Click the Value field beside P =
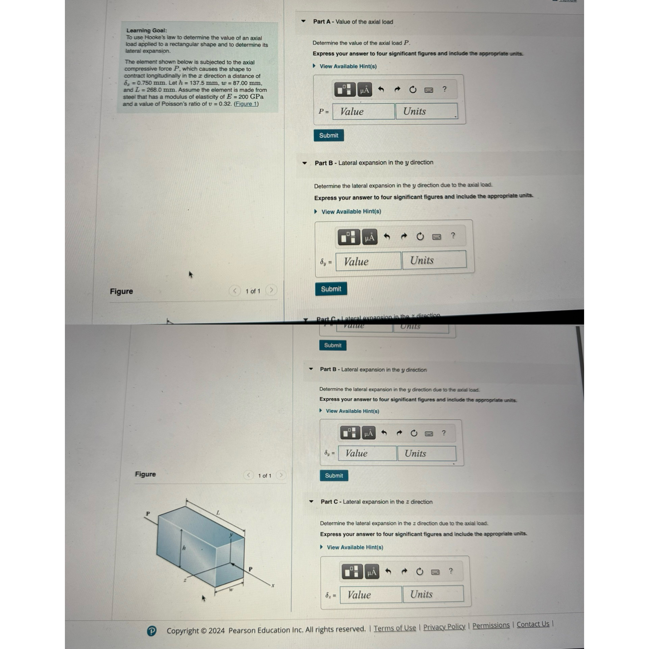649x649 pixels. click(x=363, y=112)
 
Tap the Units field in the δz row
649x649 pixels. click(x=433, y=594)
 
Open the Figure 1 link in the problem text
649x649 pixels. click(x=246, y=104)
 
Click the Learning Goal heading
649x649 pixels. click(x=146, y=30)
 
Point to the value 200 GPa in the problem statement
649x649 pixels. click(x=250, y=97)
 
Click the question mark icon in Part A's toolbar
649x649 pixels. click(x=444, y=89)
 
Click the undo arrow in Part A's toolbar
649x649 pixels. click(x=381, y=90)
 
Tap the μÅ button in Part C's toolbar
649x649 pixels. click(x=371, y=572)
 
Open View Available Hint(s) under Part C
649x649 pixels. click(x=355, y=547)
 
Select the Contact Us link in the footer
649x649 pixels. click(x=533, y=624)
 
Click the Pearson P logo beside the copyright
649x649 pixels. click(x=152, y=631)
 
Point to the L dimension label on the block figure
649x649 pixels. click(x=218, y=513)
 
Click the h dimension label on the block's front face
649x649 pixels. click(x=184, y=548)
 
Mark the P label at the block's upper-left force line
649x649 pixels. click(x=148, y=513)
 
